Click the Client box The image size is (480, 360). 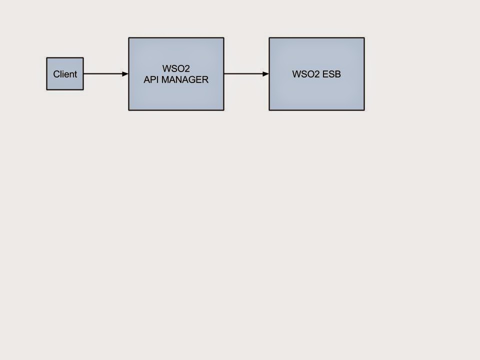coord(65,74)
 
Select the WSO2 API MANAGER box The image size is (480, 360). coord(176,74)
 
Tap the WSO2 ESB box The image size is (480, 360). coord(317,74)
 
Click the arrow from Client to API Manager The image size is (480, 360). coord(106,74)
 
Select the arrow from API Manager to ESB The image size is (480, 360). coord(246,74)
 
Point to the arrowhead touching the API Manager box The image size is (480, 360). coord(125,74)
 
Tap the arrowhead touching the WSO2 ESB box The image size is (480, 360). coord(265,74)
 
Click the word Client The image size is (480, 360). coord(65,74)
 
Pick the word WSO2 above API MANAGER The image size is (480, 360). coord(176,68)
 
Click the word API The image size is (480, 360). coord(151,79)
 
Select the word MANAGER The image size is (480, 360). coord(185,79)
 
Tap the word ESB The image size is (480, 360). coord(331,74)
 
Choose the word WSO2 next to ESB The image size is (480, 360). coord(306,74)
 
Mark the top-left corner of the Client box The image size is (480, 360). coord(46,57)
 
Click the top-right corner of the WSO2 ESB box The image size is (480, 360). coord(364,37)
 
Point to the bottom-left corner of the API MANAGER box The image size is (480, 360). coord(128,110)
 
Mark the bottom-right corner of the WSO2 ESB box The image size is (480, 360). coord(364,110)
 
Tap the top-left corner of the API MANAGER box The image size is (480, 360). coord(128,37)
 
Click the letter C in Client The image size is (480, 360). coord(56,74)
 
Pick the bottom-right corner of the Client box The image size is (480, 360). coord(83,89)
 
